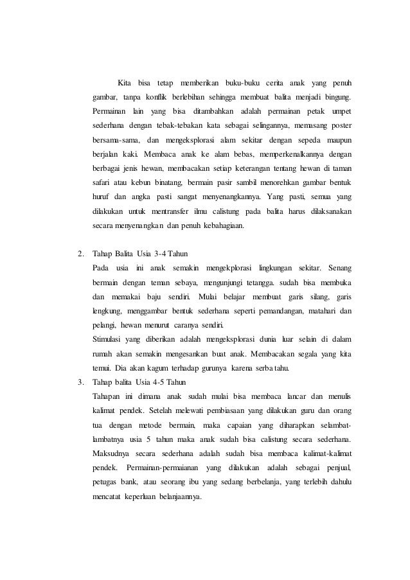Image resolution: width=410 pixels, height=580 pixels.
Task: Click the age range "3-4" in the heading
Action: pyautogui.click(x=157, y=252)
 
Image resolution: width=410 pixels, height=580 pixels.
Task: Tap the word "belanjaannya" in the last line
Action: pyautogui.click(x=177, y=496)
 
